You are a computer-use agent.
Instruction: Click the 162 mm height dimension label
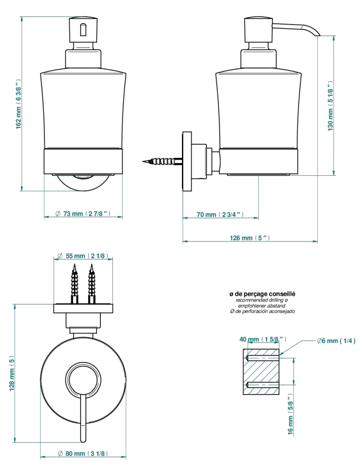(x=18, y=104)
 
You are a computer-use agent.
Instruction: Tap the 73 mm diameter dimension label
(x=82, y=214)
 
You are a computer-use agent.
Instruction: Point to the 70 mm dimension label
(x=220, y=214)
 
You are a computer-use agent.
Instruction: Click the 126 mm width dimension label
(x=250, y=238)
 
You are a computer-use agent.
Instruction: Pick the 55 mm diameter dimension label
(x=82, y=256)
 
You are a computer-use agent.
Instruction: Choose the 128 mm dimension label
(x=12, y=373)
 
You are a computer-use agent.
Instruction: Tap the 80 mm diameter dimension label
(x=82, y=454)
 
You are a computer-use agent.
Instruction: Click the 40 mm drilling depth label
(x=263, y=339)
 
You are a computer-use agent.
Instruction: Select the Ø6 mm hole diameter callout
(x=336, y=341)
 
